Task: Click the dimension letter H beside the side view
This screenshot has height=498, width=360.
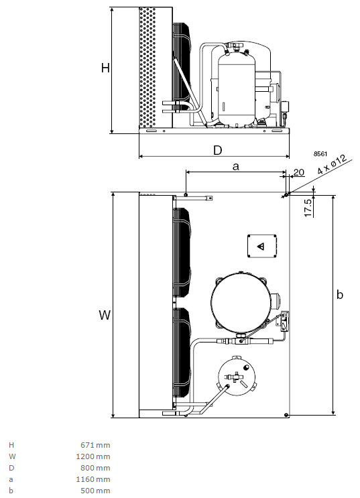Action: pyautogui.click(x=105, y=68)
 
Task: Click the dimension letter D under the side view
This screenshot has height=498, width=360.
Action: pyautogui.click(x=218, y=150)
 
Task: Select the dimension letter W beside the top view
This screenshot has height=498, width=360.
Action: pyautogui.click(x=105, y=315)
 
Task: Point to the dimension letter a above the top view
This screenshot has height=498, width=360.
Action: pyautogui.click(x=235, y=166)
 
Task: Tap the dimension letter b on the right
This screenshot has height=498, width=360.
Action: pyautogui.click(x=340, y=294)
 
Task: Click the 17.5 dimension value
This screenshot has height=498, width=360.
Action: pyautogui.click(x=308, y=208)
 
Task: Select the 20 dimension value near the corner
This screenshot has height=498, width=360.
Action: pyautogui.click(x=298, y=172)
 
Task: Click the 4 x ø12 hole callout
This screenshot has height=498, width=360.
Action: pyautogui.click(x=332, y=164)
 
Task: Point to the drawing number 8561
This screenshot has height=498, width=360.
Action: pyautogui.click(x=320, y=153)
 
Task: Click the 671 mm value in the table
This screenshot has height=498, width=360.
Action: pyautogui.click(x=95, y=445)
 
